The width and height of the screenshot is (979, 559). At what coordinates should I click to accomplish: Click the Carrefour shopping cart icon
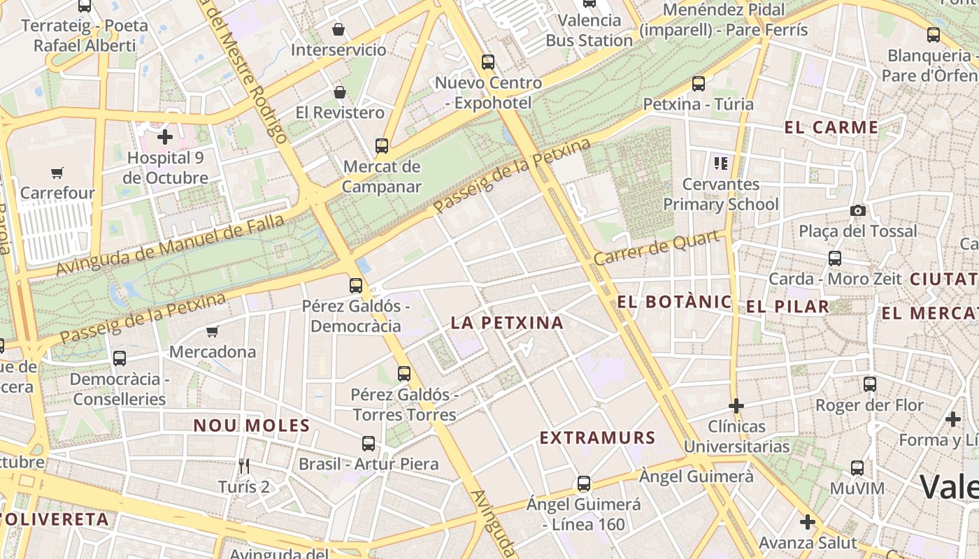tap(57, 173)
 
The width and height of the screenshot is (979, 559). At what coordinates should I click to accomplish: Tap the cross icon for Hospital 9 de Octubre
tap(165, 137)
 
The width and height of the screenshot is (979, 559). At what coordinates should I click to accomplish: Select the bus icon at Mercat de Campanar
tap(382, 146)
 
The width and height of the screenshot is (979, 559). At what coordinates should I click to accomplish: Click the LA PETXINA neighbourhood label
tap(507, 323)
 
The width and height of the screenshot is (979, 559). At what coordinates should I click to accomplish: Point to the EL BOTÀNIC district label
tap(675, 303)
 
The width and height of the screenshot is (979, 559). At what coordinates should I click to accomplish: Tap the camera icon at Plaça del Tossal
tap(857, 210)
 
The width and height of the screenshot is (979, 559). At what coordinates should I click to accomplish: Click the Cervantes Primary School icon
tap(721, 164)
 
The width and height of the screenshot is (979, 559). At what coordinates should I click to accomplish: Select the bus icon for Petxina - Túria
tap(698, 84)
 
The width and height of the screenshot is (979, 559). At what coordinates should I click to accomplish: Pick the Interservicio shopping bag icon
tap(338, 29)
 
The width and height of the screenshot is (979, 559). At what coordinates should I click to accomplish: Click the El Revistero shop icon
tap(340, 92)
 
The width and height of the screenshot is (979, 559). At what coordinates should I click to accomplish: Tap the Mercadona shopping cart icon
tap(213, 331)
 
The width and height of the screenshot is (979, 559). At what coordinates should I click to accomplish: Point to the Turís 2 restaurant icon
tap(243, 466)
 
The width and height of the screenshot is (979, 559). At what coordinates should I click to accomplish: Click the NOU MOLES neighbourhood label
tap(252, 426)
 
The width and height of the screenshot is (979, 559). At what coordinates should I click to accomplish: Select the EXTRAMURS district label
tap(597, 438)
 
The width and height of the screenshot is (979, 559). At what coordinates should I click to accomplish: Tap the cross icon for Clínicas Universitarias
tap(736, 406)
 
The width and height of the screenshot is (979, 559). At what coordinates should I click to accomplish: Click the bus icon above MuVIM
tap(857, 468)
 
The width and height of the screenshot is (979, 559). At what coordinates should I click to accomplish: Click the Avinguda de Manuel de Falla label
tap(171, 245)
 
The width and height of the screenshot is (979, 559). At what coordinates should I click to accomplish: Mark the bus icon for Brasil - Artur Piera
tap(369, 444)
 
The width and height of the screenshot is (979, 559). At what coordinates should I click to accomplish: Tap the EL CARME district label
tap(831, 127)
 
